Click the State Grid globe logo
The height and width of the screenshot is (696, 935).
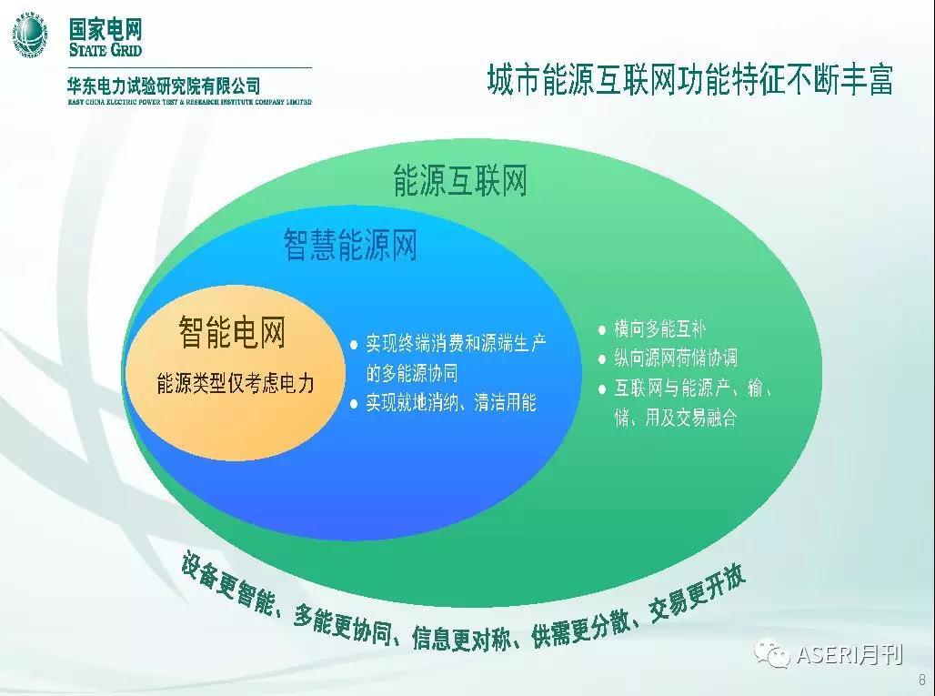(x=30, y=34)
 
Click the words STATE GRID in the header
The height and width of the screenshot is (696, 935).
(x=106, y=49)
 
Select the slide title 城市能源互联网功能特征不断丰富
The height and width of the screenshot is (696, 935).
(x=690, y=80)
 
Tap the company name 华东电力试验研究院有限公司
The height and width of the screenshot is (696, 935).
(x=164, y=86)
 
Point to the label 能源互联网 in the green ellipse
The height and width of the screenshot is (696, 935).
(x=460, y=181)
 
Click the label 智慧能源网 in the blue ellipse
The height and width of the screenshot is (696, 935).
(x=350, y=245)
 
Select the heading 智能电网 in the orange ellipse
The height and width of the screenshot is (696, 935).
(x=233, y=332)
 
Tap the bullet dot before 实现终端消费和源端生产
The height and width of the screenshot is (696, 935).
(x=354, y=344)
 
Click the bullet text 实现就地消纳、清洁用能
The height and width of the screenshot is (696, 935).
(x=451, y=402)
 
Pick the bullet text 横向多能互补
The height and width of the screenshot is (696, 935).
(x=659, y=328)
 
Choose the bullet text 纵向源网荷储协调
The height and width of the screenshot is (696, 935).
(x=676, y=358)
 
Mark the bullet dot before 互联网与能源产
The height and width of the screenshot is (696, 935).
(x=602, y=389)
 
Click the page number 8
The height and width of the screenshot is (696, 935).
(x=922, y=680)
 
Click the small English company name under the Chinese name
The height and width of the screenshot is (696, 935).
(x=189, y=103)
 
